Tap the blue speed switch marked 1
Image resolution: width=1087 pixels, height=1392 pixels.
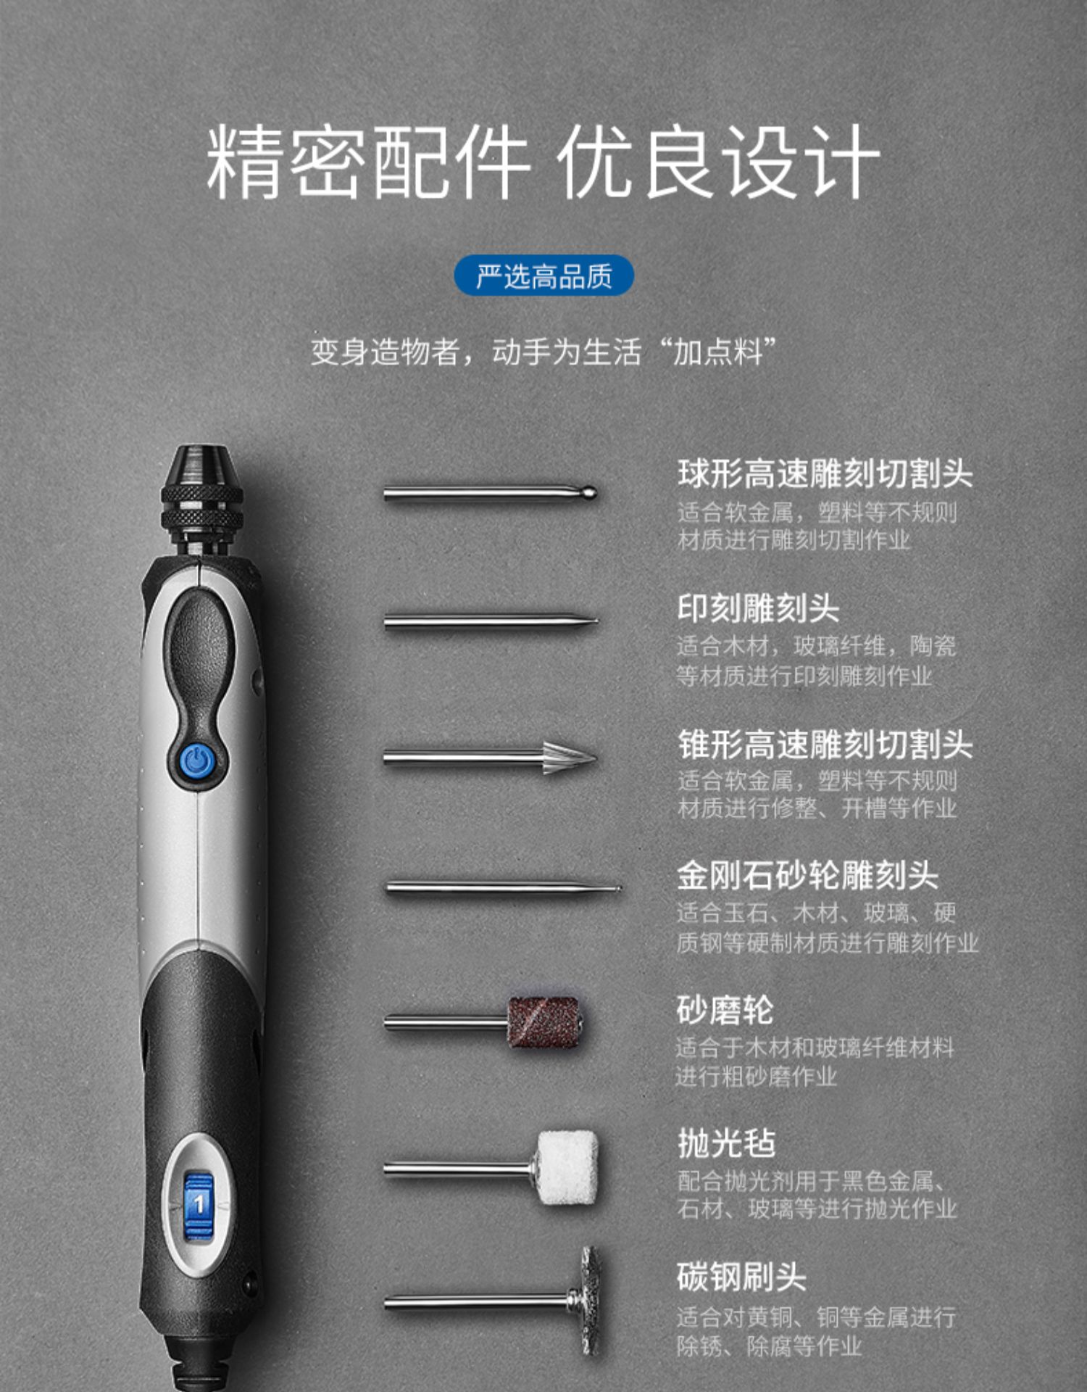(198, 1205)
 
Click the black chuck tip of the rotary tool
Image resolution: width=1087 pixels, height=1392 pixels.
(200, 465)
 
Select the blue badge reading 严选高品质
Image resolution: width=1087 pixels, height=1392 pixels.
(543, 276)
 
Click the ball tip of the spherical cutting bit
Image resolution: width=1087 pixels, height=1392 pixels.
(589, 493)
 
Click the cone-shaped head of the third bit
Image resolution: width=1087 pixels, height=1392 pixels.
(570, 758)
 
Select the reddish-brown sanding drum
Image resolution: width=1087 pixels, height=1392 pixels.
(544, 1022)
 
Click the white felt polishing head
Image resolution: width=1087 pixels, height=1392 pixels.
(567, 1168)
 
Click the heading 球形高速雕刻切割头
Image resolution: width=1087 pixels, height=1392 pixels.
(825, 474)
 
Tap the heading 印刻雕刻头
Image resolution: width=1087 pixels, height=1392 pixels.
(758, 608)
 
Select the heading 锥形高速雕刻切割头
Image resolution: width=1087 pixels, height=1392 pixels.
(825, 744)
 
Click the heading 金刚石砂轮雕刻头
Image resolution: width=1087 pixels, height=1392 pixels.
(808, 876)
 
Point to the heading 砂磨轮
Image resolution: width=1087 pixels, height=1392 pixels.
(725, 1010)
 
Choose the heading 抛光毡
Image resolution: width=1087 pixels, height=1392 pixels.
(726, 1144)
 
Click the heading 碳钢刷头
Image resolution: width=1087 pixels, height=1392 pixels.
(742, 1277)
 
